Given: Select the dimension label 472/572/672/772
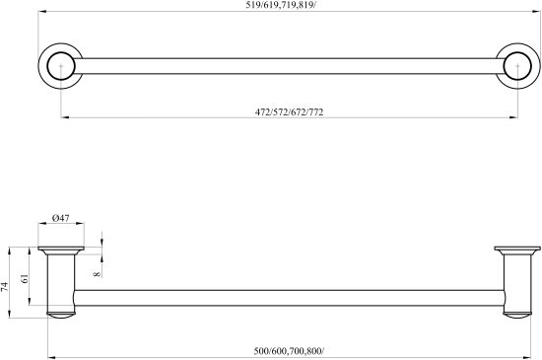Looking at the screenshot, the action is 290,112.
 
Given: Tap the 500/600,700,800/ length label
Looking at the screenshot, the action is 289,351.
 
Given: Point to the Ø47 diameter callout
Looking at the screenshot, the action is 61,218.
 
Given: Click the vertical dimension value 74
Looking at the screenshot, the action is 4,286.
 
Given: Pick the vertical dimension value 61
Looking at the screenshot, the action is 25,278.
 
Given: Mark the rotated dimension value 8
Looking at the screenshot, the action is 98,274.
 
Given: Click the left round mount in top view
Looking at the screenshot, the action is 38,66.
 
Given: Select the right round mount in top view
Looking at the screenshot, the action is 539,66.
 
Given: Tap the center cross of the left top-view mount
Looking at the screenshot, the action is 61,66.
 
